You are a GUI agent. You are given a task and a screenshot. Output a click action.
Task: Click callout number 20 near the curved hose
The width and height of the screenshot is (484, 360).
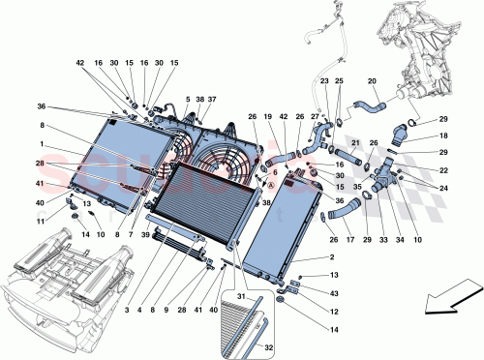[x=372, y=82]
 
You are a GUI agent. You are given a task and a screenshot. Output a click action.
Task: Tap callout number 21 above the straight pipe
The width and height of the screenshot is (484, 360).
[x=355, y=143]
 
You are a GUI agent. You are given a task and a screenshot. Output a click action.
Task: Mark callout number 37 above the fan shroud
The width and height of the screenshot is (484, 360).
[x=212, y=100]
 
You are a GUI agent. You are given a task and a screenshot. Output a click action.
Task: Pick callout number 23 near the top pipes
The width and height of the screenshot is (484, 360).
[x=324, y=82]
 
